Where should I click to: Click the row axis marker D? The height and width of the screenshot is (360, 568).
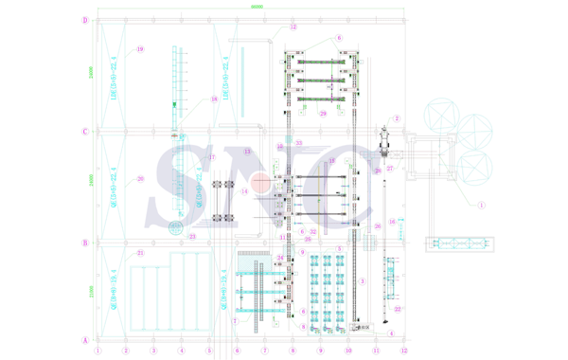click(x=85, y=20)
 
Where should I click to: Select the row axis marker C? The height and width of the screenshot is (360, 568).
click(x=85, y=132)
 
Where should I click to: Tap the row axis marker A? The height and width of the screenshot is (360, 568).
click(x=85, y=339)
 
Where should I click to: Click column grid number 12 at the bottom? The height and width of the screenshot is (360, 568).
click(x=403, y=351)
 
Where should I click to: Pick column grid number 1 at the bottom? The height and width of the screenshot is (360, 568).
click(x=98, y=351)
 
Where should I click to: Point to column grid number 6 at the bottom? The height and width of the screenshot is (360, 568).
click(x=237, y=351)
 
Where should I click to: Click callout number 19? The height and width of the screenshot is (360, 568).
click(x=140, y=49)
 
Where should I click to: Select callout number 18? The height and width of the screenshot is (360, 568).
click(x=214, y=99)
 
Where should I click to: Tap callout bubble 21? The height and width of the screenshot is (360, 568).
click(x=140, y=253)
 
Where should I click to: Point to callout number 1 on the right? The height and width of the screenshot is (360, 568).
click(x=481, y=204)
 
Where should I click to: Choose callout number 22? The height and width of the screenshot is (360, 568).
click(x=398, y=309)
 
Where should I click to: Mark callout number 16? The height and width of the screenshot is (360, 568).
click(x=392, y=222)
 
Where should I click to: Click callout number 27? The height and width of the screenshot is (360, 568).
click(x=390, y=169)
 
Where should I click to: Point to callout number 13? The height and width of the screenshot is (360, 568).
click(x=247, y=152)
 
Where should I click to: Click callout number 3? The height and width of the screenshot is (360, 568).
click(x=363, y=280)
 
